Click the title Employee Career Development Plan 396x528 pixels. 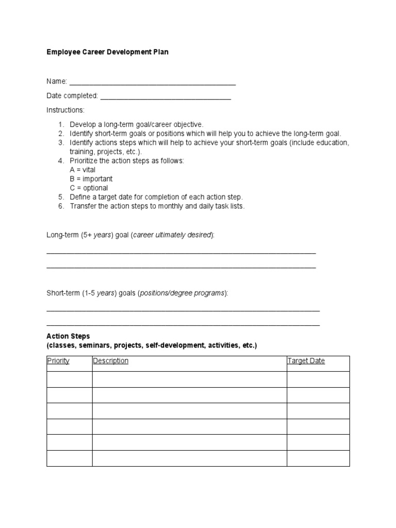click(107, 52)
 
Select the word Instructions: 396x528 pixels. click(65, 110)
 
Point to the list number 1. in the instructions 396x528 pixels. click(60, 124)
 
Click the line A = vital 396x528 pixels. click(82, 170)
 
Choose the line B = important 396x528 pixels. click(91, 179)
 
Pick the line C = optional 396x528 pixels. click(89, 188)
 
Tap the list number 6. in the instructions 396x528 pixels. click(60, 206)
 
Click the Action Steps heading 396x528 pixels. click(68, 336)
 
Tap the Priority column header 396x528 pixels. click(58, 361)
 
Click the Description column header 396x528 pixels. click(110, 361)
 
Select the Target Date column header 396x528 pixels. click(306, 361)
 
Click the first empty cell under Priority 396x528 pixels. click(70, 379)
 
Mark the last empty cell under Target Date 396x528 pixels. click(318, 458)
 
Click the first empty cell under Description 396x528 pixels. click(189, 379)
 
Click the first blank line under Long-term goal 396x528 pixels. click(181, 253)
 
